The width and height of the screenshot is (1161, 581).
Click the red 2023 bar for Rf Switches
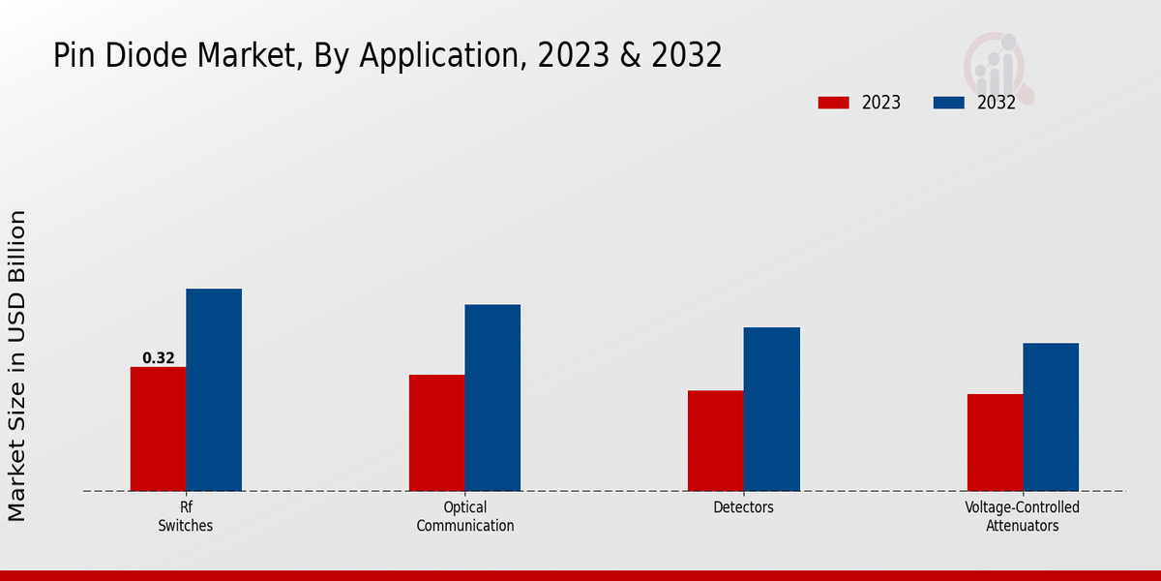click(x=158, y=429)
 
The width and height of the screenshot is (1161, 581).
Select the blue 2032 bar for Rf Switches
click(x=214, y=390)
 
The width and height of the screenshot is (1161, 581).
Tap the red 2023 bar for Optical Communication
click(x=436, y=433)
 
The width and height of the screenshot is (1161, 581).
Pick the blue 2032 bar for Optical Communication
click(x=492, y=398)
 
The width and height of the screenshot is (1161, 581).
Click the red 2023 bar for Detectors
click(x=716, y=441)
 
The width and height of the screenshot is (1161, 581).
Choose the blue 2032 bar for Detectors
click(x=772, y=410)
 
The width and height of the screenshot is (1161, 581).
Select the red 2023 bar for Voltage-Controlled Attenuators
click(x=995, y=443)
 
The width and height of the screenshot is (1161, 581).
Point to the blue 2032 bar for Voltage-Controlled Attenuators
click(x=1051, y=417)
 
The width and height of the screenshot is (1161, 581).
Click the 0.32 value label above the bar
click(x=159, y=358)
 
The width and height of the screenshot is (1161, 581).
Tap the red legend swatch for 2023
click(x=833, y=103)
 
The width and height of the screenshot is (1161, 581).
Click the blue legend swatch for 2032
click(x=948, y=103)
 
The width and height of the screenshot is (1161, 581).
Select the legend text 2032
click(x=997, y=103)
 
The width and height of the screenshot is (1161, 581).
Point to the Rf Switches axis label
click(x=186, y=517)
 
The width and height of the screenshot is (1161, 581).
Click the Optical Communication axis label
click(x=465, y=517)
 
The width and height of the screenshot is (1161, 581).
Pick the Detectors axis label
click(x=744, y=507)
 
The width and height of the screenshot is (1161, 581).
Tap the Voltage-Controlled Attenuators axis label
click(x=1023, y=517)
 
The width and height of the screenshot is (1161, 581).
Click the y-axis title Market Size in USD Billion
click(x=17, y=366)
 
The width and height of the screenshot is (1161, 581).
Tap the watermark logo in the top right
click(x=998, y=66)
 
